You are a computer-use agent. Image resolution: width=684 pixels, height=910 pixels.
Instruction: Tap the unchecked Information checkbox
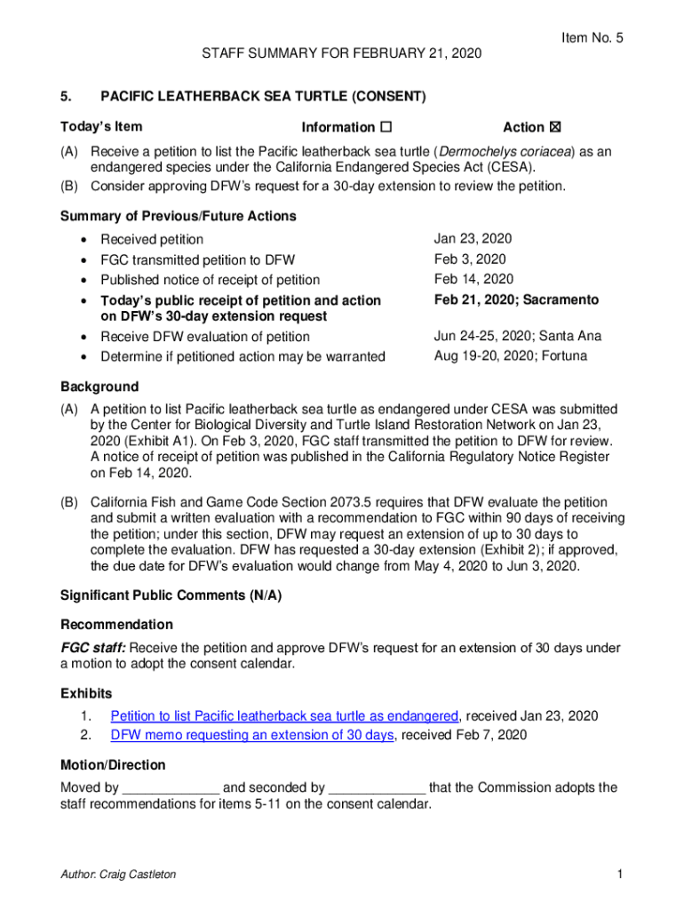386,128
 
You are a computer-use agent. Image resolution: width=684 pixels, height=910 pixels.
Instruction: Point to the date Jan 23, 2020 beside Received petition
473,239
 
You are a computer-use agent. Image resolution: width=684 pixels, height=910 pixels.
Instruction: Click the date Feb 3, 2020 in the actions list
469,259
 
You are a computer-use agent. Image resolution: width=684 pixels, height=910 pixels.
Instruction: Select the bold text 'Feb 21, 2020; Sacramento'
516,299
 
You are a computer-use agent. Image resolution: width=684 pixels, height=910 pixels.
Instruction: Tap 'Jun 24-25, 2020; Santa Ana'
517,336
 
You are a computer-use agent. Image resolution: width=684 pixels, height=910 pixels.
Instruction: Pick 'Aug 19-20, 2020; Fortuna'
511,356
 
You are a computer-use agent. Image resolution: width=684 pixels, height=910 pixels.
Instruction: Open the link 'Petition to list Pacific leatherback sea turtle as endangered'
284,716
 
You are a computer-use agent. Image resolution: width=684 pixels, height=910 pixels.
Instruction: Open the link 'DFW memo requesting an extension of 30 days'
251,735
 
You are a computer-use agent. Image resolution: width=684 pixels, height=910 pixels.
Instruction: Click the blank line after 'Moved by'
171,788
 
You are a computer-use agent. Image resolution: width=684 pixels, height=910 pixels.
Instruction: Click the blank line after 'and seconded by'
378,788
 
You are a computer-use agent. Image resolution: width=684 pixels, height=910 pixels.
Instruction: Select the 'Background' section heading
99,387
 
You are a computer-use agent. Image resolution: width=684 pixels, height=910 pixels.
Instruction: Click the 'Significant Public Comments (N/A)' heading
171,596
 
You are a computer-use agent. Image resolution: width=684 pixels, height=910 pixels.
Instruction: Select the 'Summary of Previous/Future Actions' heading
178,216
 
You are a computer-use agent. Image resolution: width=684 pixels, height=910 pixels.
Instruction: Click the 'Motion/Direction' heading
113,765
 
